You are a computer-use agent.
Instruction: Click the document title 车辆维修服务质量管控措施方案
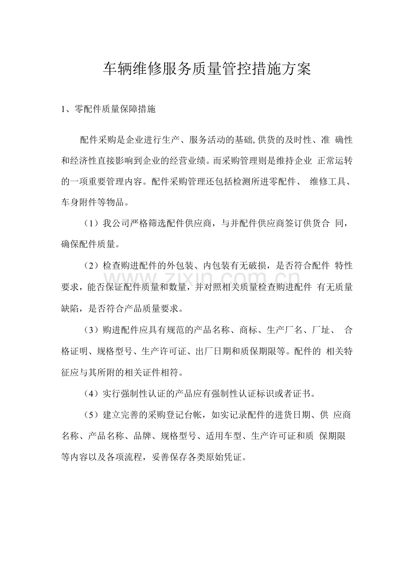207,69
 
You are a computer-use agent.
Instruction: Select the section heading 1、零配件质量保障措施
108,109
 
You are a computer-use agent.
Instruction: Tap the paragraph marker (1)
90,224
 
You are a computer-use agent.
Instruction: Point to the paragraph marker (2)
90,265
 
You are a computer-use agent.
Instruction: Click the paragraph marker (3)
90,329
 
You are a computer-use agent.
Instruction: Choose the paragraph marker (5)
90,415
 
